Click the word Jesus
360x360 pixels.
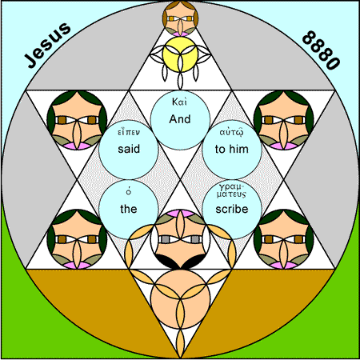coord(48,45)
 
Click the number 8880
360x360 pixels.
coord(321,50)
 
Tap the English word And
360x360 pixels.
coord(180,119)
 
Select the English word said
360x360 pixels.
coord(129,149)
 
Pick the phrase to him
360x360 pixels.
coord(232,149)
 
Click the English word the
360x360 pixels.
coord(129,209)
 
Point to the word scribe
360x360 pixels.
coord(232,209)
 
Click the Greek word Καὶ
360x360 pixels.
coord(179,102)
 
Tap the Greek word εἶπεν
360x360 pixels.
coord(129,132)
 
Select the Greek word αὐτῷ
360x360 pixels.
coord(231,132)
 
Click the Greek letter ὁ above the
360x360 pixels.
coord(129,191)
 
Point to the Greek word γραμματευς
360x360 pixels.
coord(231,190)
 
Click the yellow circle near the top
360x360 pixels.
coord(180,54)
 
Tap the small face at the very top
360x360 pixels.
coord(180,18)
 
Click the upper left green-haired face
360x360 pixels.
coord(77,120)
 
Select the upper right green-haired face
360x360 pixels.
coord(284,120)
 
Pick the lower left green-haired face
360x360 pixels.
coord(77,239)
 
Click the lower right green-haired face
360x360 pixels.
coord(284,239)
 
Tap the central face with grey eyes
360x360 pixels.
coord(180,239)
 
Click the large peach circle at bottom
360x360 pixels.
coord(180,299)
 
